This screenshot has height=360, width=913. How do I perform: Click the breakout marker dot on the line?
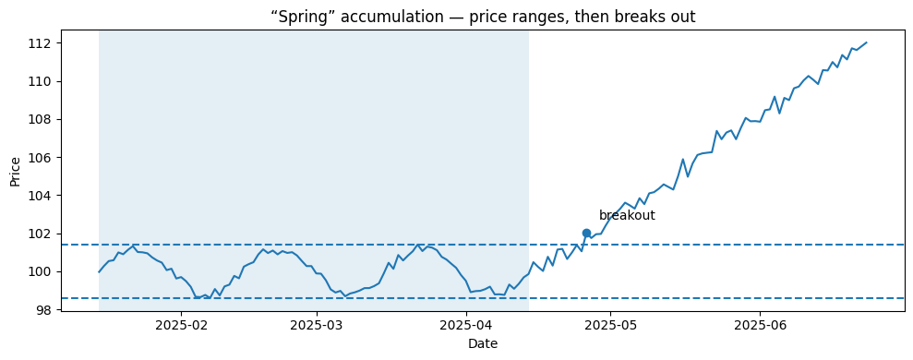(586, 234)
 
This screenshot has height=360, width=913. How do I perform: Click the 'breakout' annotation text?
(627, 216)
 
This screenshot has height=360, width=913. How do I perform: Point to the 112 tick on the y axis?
(43, 43)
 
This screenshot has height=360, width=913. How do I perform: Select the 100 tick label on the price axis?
(43, 271)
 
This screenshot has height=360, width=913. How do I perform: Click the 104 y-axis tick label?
(43, 196)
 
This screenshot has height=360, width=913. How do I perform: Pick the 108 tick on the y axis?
(43, 120)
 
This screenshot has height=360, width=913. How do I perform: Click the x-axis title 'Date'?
(483, 344)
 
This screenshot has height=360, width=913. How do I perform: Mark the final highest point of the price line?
(866, 42)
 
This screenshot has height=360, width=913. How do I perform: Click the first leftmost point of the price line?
(100, 271)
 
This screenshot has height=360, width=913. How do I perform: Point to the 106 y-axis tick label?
(43, 158)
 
